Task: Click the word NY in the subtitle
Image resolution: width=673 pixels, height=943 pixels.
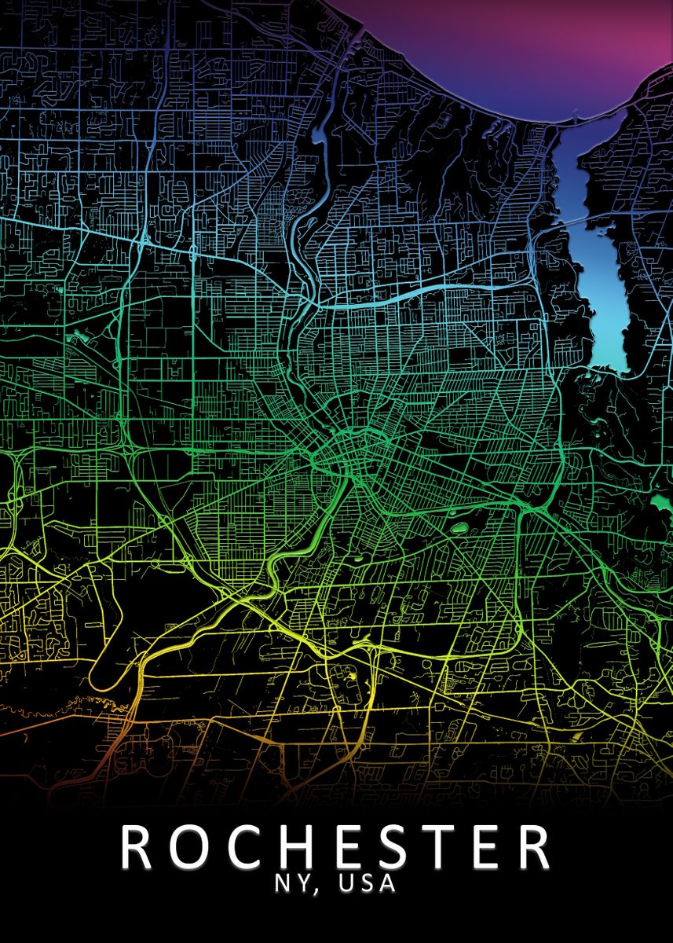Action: point(289,883)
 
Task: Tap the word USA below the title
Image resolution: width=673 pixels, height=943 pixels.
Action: point(367,883)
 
